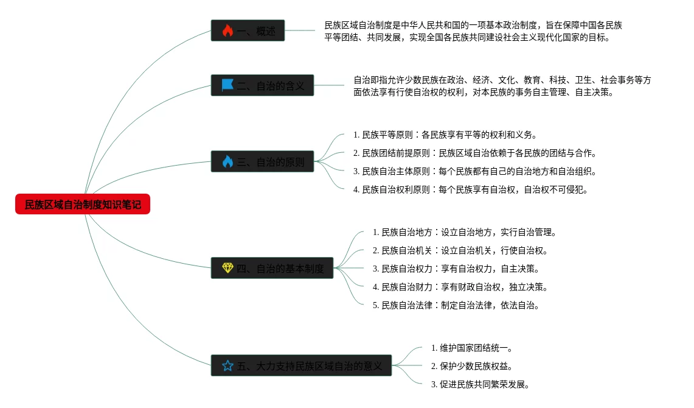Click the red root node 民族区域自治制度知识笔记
pos(83,205)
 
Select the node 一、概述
pos(248,30)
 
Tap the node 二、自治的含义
pos(262,85)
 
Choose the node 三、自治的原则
pos(262,161)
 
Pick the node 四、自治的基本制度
pos(272,268)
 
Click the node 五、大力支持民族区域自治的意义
pos(301,365)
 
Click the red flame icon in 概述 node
pos(227,30)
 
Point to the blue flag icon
pos(227,85)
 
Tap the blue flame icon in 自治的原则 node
pos(227,161)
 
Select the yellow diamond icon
pos(227,268)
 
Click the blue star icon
pos(227,365)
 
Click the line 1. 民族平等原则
pos(445,135)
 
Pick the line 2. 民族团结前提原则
pos(474,153)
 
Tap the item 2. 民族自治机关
pos(460,250)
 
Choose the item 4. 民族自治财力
pos(460,287)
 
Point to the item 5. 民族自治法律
pos(456,305)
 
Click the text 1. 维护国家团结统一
pos(471,348)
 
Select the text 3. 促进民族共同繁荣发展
pos(480,384)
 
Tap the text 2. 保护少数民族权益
pos(471,366)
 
